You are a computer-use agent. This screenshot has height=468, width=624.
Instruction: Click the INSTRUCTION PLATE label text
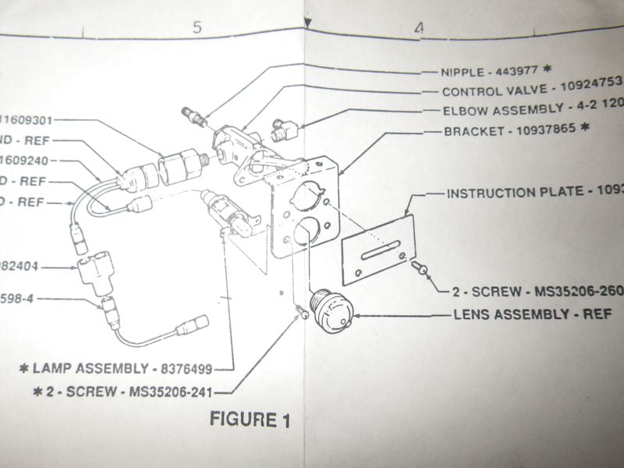pyautogui.click(x=530, y=192)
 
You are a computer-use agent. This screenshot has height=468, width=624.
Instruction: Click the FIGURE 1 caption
pyautogui.click(x=249, y=420)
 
